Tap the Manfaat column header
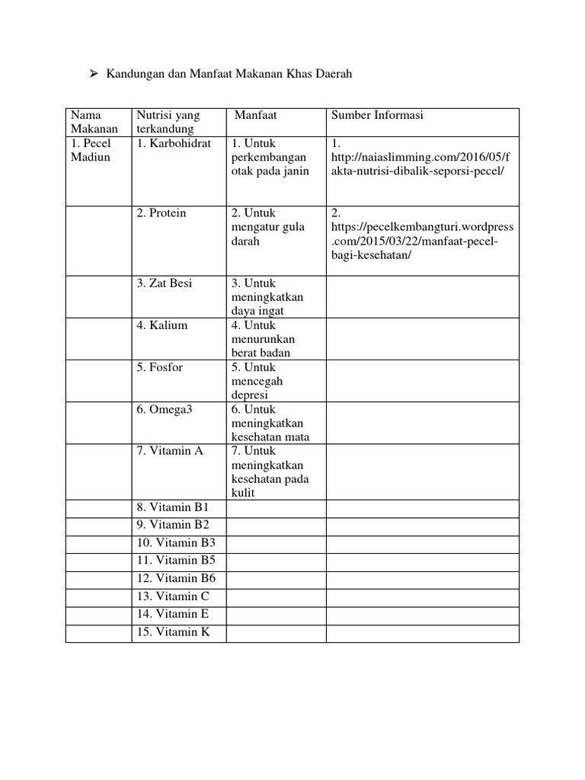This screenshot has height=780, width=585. point(255,115)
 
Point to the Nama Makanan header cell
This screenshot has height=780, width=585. point(94,122)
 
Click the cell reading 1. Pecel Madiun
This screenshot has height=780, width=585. point(91,150)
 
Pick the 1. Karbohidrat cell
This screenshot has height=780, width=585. point(174,143)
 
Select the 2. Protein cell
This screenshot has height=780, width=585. point(161,213)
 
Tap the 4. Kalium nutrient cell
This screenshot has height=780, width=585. point(161,325)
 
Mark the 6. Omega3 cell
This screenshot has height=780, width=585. point(165,409)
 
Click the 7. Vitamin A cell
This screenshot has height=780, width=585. point(170,451)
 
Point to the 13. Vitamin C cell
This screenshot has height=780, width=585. point(173,596)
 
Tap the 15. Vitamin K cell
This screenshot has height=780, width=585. point(173,631)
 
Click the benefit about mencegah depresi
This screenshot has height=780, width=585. point(260,381)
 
